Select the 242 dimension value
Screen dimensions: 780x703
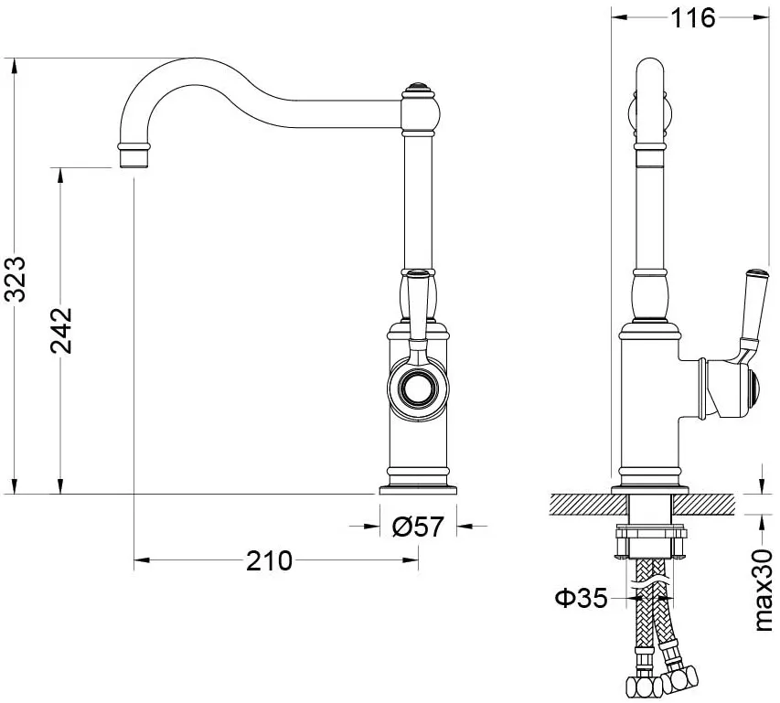pyautogui.click(x=61, y=331)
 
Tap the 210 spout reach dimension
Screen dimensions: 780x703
pyautogui.click(x=270, y=560)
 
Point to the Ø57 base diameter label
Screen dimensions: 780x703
pyautogui.click(x=417, y=527)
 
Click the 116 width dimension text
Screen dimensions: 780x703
pyautogui.click(x=693, y=18)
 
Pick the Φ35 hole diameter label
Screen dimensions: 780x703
pyautogui.click(x=581, y=598)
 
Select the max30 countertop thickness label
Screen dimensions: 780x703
pyautogui.click(x=764, y=591)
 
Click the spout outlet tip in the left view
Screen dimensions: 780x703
pyautogui.click(x=134, y=159)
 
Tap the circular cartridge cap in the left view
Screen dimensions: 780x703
pyautogui.click(x=418, y=389)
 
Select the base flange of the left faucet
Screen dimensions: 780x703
pyautogui.click(x=418, y=490)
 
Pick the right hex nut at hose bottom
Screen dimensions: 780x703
pyautogui.click(x=679, y=678)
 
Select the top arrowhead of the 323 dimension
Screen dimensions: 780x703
pyautogui.click(x=15, y=66)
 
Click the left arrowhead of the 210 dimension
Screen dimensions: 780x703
pyautogui.click(x=143, y=560)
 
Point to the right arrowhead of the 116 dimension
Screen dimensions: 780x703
pyautogui.click(x=762, y=17)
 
